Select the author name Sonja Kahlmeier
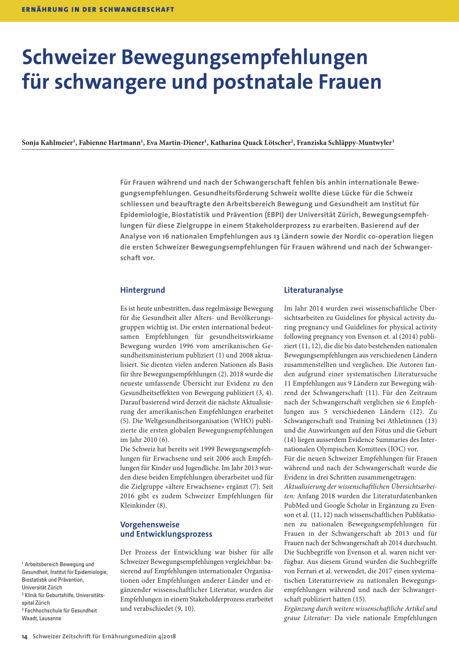pyautogui.click(x=47, y=143)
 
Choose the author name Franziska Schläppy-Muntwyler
pyautogui.click(x=344, y=143)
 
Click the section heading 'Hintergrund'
pyautogui.click(x=143, y=290)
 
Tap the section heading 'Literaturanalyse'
pyautogui.click(x=313, y=290)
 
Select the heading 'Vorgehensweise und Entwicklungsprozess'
pyautogui.click(x=166, y=529)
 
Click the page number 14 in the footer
pyautogui.click(x=25, y=636)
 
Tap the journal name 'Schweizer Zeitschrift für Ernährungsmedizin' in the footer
pyautogui.click(x=95, y=636)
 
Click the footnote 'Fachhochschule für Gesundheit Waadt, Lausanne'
pyautogui.click(x=59, y=614)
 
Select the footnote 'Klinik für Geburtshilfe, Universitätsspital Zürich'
pyautogui.click(x=63, y=599)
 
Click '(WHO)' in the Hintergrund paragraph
pyautogui.click(x=243, y=421)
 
